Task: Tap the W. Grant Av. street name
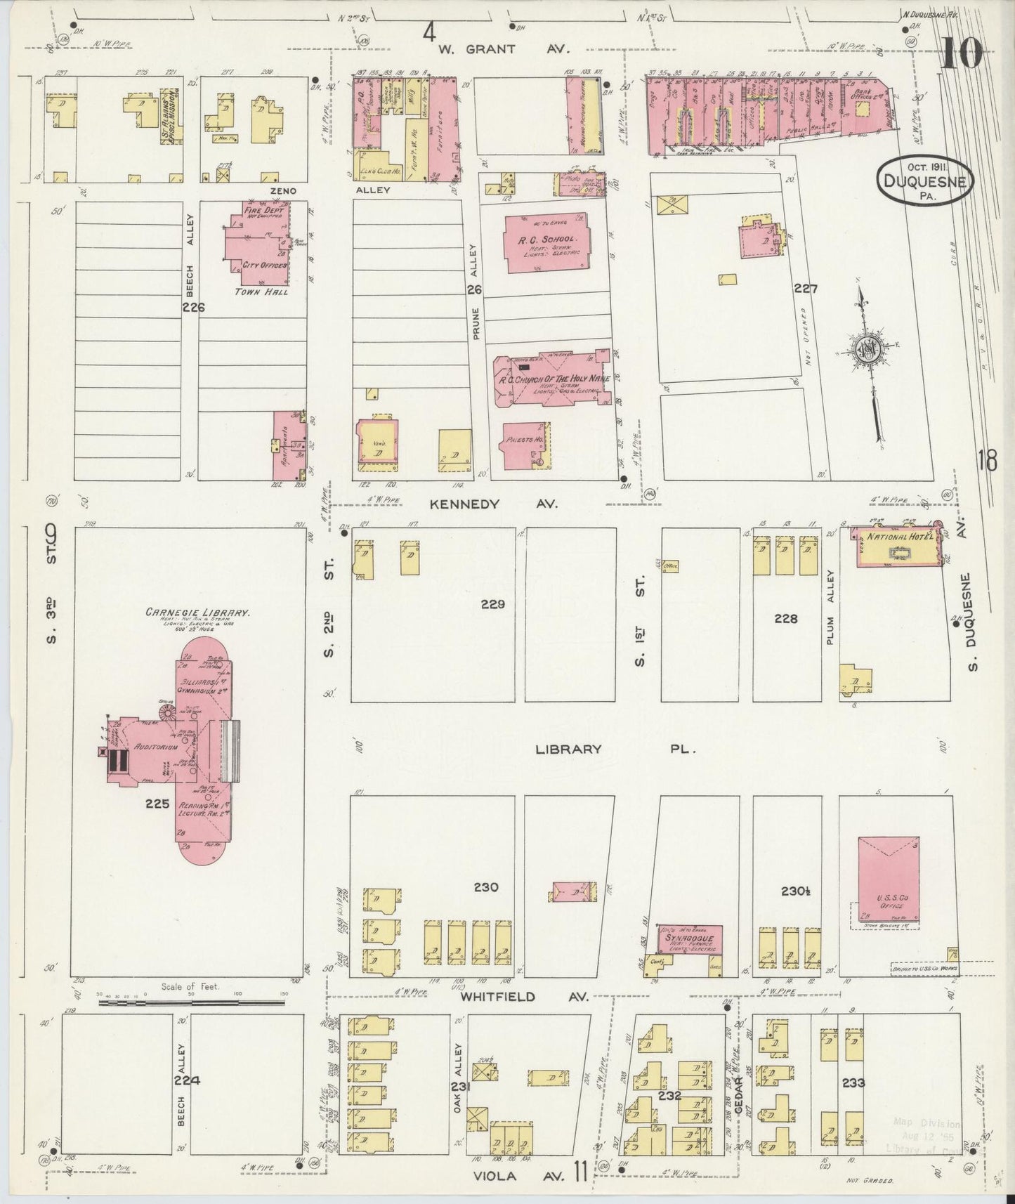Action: coord(497,49)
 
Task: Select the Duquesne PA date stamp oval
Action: coord(925,181)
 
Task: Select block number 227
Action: coord(806,289)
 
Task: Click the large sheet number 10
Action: coord(961,53)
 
